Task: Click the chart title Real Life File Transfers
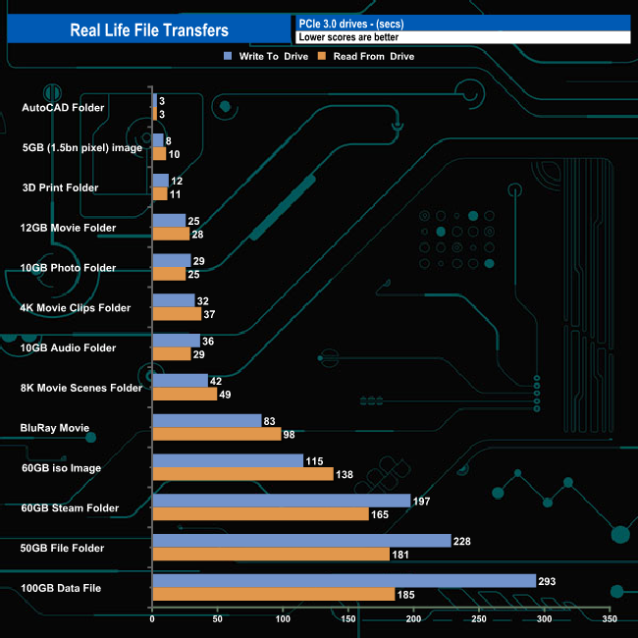(149, 30)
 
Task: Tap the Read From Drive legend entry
(371, 56)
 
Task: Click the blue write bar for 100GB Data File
(344, 581)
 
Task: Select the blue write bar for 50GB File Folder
(301, 541)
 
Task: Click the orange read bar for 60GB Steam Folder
(260, 514)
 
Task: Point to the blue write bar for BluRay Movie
(206, 421)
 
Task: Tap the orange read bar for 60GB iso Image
(242, 474)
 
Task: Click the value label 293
(547, 581)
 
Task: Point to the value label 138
(345, 474)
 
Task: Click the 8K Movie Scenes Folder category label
(81, 388)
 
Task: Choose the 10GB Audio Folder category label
(68, 347)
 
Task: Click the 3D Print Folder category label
(60, 187)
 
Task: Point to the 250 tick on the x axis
(479, 620)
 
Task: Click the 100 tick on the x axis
(283, 620)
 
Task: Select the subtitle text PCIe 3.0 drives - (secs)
(348, 24)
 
